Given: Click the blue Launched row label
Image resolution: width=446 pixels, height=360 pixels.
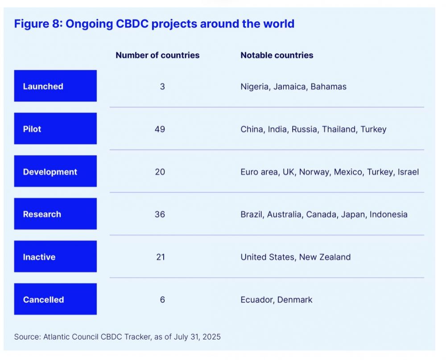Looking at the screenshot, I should [x=55, y=86].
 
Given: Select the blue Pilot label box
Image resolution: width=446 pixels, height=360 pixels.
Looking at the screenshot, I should [x=55, y=129].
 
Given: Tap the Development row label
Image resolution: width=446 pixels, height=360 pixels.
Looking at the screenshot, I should [x=55, y=172].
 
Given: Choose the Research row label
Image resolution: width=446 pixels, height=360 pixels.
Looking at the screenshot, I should [x=55, y=214].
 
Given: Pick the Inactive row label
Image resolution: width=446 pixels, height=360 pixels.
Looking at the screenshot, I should [x=55, y=257].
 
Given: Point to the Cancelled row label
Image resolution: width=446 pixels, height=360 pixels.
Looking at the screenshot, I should [x=55, y=299].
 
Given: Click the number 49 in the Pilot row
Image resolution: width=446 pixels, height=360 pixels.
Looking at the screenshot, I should [x=160, y=129].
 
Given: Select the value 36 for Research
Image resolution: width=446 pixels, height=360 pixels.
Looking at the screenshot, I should [x=160, y=214].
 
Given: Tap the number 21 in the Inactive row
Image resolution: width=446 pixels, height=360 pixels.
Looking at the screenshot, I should [x=160, y=257].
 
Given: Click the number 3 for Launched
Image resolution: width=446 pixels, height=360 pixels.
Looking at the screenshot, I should [x=162, y=86].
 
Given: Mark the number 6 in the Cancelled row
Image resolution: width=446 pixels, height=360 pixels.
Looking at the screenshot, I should [x=162, y=299].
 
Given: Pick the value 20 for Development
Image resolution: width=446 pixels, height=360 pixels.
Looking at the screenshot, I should [x=160, y=172].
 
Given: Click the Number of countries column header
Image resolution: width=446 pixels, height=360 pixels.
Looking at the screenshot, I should [x=157, y=55].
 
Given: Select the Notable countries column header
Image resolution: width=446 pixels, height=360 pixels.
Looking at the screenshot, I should [x=277, y=55].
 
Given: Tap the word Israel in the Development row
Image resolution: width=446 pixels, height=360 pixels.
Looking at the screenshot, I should [x=408, y=172].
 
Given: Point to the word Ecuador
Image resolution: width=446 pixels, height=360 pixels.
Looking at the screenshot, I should [x=256, y=300].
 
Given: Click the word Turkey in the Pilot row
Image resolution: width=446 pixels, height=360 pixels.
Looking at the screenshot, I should [x=373, y=129].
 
